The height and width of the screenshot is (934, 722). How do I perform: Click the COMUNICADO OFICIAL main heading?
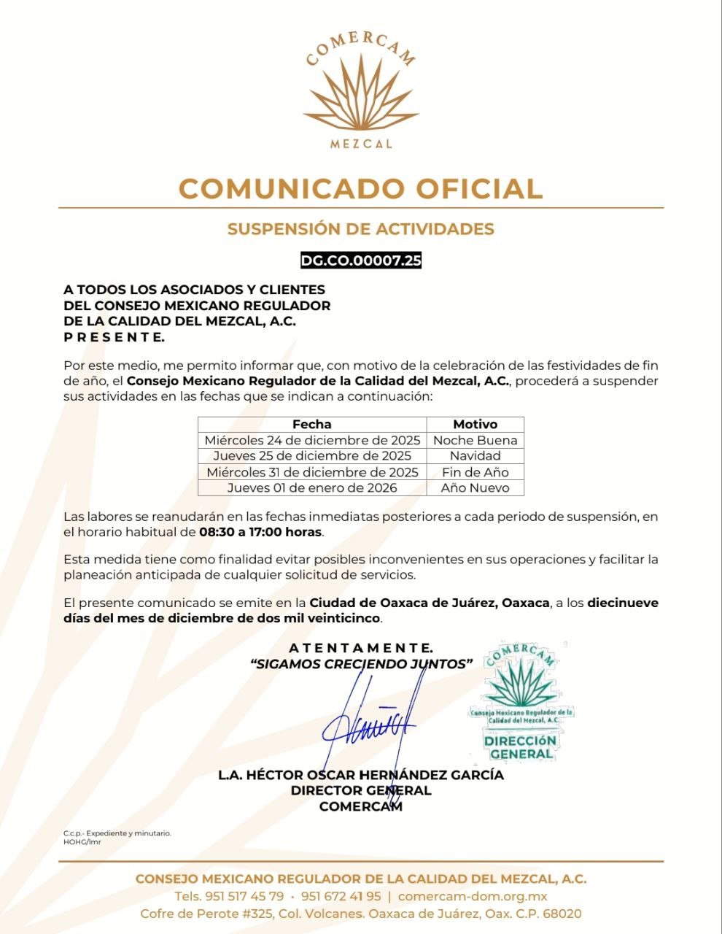click(360, 188)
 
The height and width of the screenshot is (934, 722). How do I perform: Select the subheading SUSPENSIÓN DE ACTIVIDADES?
click(360, 229)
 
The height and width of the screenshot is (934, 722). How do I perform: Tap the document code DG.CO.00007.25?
click(361, 260)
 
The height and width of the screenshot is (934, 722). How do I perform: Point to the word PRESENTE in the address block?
click(114, 337)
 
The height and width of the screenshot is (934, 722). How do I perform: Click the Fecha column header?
click(311, 424)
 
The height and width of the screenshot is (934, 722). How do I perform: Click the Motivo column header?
click(475, 424)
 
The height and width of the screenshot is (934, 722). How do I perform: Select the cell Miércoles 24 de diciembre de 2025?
click(312, 440)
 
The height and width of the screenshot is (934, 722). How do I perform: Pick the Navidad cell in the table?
click(475, 456)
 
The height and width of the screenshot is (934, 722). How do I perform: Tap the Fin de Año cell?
click(475, 472)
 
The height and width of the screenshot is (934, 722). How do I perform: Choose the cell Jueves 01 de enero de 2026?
click(312, 488)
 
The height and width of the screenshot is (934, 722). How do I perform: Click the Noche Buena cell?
click(475, 440)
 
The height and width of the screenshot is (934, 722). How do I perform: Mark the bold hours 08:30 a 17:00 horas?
click(260, 532)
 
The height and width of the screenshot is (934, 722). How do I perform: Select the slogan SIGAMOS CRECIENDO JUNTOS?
click(361, 664)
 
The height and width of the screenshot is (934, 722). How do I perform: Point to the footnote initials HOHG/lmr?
click(82, 842)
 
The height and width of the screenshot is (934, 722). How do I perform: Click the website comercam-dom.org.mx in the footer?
click(473, 896)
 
